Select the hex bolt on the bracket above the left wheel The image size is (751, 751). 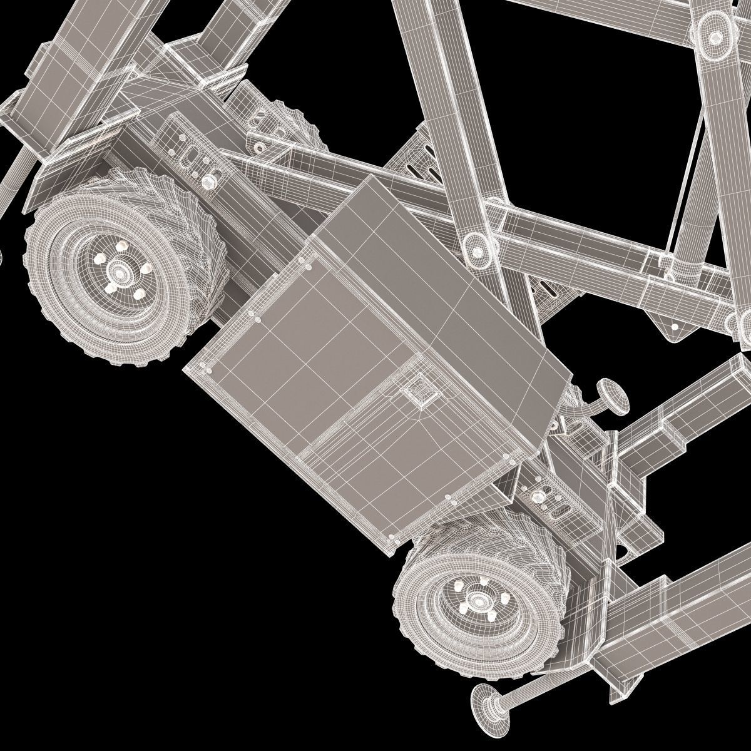tap(208, 181)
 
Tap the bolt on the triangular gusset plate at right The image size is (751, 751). tap(674, 326)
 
